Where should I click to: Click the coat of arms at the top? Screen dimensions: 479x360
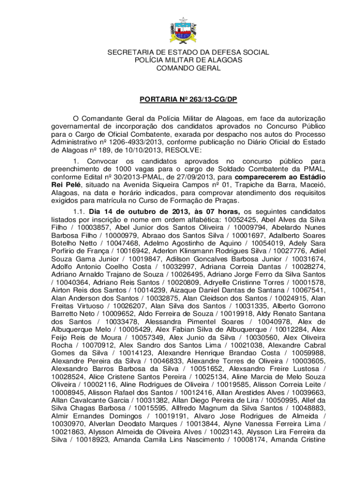[180, 29]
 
